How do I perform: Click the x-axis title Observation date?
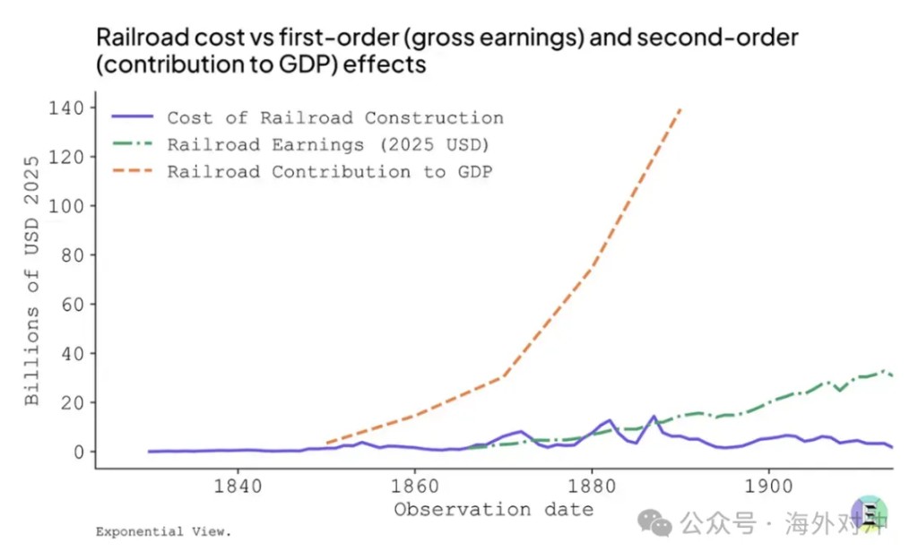[493, 510]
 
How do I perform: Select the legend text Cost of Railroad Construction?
[335, 118]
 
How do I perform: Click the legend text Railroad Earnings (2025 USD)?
[328, 145]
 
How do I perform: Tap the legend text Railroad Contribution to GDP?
[330, 172]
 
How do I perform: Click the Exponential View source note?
[163, 532]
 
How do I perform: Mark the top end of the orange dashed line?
[680, 108]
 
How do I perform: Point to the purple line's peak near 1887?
[654, 417]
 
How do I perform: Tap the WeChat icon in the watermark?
[660, 522]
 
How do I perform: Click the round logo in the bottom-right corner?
[869, 517]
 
